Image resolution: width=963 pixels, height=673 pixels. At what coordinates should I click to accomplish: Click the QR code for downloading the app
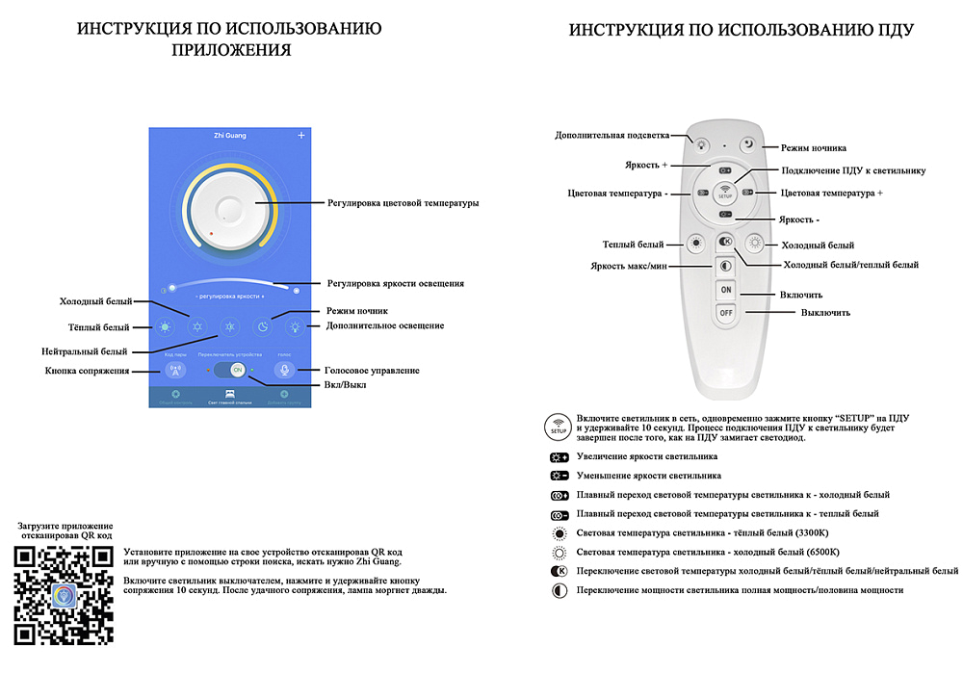click(65, 594)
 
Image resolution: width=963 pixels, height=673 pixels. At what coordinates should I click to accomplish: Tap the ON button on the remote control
click(725, 290)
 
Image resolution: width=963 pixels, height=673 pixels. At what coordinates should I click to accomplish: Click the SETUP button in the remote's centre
click(725, 192)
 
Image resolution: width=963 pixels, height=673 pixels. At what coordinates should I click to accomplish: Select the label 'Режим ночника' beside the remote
click(814, 147)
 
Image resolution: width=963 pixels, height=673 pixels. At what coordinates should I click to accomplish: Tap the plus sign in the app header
click(300, 135)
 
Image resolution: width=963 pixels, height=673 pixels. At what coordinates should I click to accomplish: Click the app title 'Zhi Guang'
click(230, 136)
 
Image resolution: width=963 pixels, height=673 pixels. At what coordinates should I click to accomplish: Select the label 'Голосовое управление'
click(373, 370)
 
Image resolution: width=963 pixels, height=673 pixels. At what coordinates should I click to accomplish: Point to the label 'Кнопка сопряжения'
click(88, 371)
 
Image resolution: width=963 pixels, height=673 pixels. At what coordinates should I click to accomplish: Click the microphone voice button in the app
click(283, 371)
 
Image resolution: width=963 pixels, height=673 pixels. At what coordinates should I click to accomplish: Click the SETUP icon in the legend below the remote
click(560, 426)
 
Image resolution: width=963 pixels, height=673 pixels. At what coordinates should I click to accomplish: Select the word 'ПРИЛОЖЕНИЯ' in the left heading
click(230, 51)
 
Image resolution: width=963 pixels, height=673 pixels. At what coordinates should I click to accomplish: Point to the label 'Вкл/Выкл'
click(345, 385)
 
